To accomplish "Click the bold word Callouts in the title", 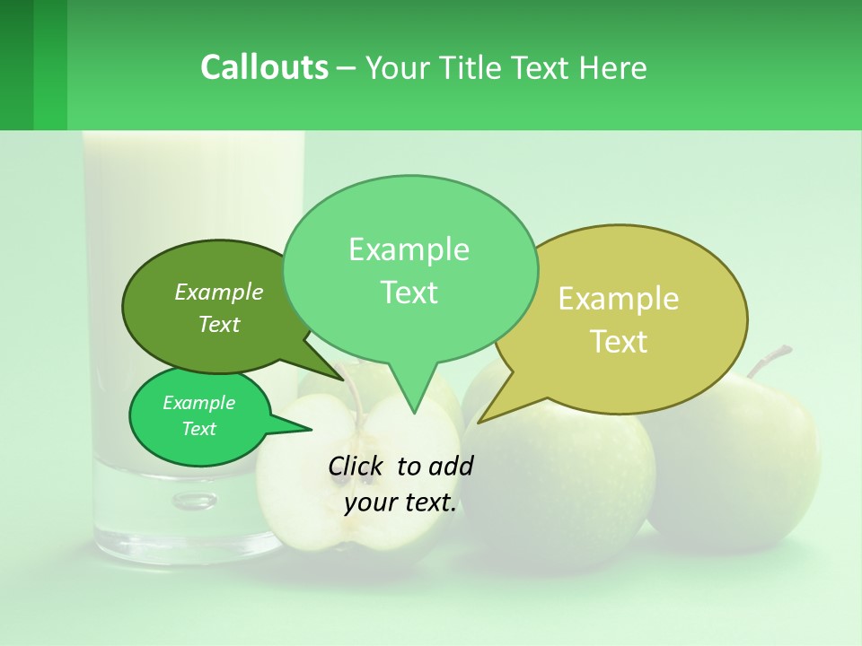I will (x=264, y=67).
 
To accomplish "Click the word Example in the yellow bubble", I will (x=619, y=299).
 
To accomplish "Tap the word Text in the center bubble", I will (x=409, y=292).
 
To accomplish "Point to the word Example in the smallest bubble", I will (x=198, y=403).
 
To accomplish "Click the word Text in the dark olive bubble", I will (x=219, y=325).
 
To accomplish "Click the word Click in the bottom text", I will (x=356, y=466).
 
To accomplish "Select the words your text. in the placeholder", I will (x=400, y=503).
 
